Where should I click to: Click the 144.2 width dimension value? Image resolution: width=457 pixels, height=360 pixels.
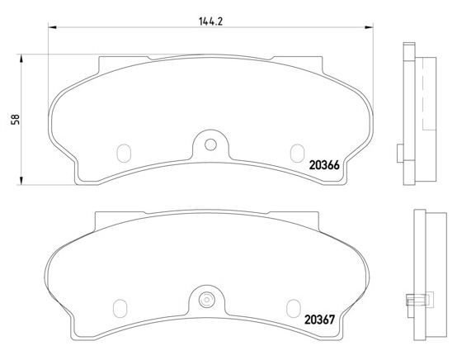pos(210,21)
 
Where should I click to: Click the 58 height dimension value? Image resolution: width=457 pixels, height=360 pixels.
pos(15,120)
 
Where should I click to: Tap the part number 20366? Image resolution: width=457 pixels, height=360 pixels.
pos(324,165)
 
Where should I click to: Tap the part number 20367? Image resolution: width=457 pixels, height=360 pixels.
pos(320,320)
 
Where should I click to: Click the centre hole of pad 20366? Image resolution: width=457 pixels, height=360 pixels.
pos(210,144)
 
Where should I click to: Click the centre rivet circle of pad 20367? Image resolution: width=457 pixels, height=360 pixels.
pos(206,300)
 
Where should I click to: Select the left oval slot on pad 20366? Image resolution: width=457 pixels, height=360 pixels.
pos(124,153)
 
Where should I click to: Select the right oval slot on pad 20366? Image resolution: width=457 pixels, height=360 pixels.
pos(297,153)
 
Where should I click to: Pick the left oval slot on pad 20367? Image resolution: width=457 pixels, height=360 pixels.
pos(120,308)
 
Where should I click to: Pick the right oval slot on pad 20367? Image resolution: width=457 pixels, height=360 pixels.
pos(293,308)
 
